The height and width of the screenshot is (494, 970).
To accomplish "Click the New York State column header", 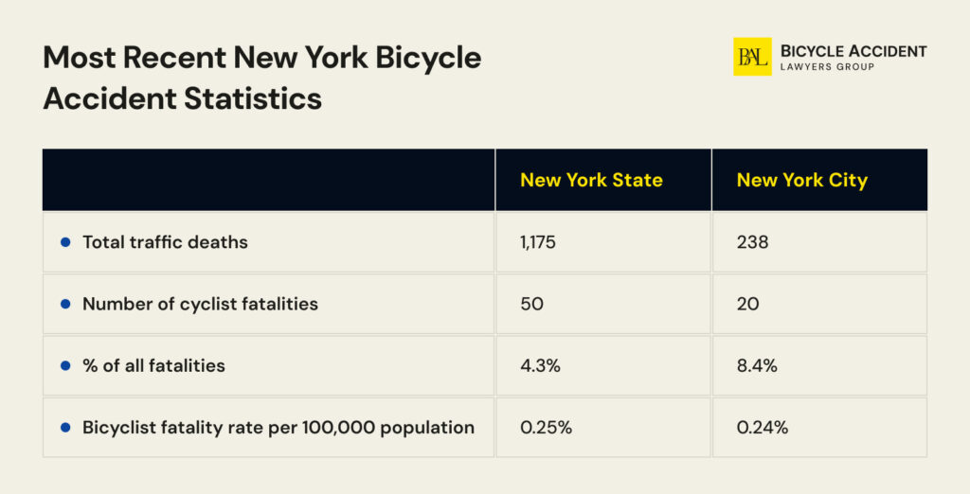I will point(591,180).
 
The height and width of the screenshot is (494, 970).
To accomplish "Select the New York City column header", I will point(801,180).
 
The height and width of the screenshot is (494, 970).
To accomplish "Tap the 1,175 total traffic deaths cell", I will point(538,242).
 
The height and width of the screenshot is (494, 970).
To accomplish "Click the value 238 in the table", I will point(752,242).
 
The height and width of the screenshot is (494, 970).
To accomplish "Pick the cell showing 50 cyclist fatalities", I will point(531,304).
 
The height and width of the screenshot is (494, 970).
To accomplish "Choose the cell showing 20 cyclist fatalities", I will point(747,304).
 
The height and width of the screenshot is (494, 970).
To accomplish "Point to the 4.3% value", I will point(540,365).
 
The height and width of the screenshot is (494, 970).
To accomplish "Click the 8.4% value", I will point(757,365).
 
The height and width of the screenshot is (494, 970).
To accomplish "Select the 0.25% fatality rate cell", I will point(546,428).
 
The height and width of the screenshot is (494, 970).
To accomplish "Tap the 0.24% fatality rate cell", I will point(763,428).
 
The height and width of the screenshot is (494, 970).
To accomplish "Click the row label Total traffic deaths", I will point(165,242).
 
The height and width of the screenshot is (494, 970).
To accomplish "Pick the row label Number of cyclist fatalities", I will point(200,304).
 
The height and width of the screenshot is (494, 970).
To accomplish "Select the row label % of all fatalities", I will point(153,365).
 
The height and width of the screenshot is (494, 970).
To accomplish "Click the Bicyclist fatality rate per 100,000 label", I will point(278,428).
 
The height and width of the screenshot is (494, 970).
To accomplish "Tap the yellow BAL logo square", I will point(752,57).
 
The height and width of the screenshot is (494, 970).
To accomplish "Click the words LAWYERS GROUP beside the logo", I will point(826,67).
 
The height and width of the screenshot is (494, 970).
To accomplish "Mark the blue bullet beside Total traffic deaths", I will point(65,242).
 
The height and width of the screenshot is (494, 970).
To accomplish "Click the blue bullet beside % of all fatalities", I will point(65,365).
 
